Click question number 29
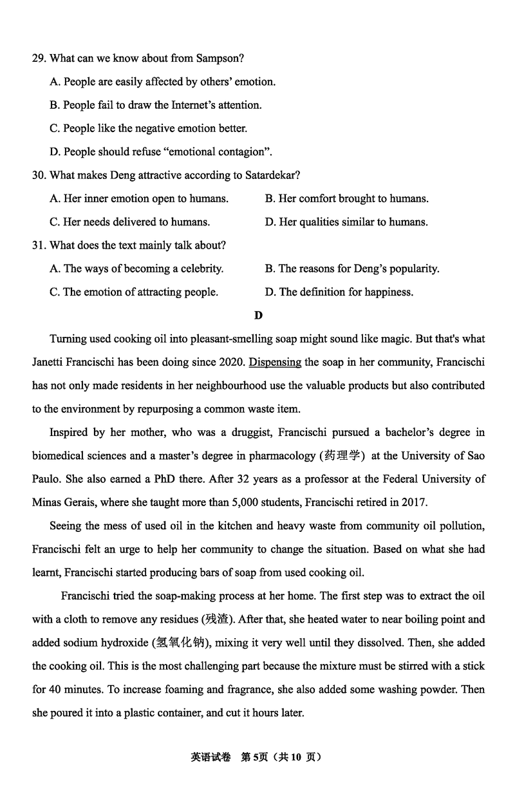click(x=39, y=59)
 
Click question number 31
click(x=39, y=245)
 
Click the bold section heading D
click(x=258, y=315)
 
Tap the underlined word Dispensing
click(x=275, y=362)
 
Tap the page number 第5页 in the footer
click(x=253, y=757)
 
